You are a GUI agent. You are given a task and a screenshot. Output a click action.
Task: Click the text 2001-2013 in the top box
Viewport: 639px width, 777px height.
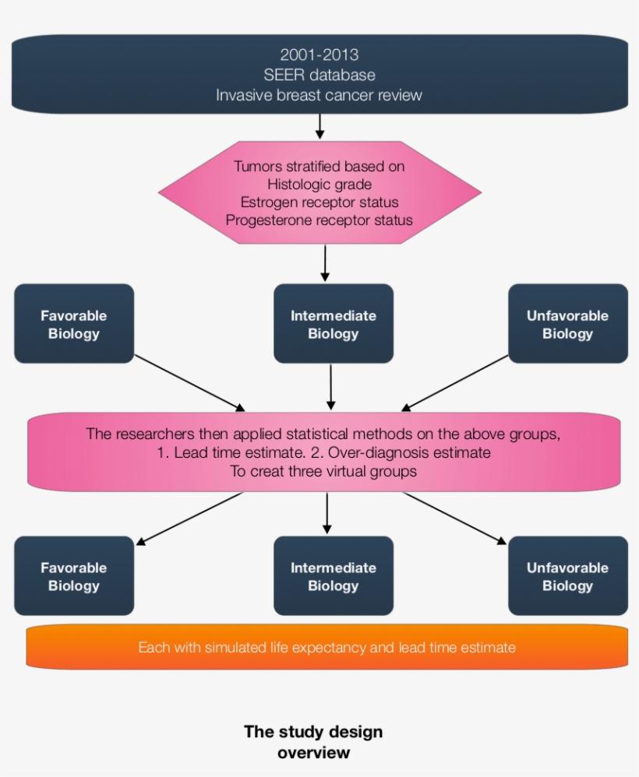click(x=319, y=55)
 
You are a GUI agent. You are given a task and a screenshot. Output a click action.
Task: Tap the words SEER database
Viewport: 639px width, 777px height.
click(x=319, y=76)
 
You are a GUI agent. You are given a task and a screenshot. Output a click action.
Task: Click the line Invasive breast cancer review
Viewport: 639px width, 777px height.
click(x=319, y=95)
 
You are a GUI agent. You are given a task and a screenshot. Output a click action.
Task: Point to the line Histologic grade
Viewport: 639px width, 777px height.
click(x=319, y=185)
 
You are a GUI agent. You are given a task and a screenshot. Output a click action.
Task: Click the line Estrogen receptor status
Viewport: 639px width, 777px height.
click(x=319, y=202)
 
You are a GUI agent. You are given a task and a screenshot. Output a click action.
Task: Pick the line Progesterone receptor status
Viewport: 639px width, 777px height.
click(x=319, y=220)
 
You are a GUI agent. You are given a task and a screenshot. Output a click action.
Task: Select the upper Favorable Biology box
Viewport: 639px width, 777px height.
click(x=74, y=324)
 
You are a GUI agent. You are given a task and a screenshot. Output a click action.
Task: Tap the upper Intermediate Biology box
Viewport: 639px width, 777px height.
click(x=334, y=324)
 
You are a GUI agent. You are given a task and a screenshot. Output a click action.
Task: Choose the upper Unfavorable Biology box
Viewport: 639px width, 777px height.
click(x=568, y=324)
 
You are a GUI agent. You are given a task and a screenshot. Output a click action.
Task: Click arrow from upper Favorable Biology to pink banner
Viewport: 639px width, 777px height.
click(x=189, y=383)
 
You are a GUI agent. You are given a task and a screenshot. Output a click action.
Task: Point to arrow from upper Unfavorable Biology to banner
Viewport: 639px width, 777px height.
click(x=456, y=383)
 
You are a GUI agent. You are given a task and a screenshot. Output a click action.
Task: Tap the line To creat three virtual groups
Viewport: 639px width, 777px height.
click(x=323, y=471)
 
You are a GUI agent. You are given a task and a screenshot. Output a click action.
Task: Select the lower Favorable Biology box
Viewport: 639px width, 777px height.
click(x=74, y=576)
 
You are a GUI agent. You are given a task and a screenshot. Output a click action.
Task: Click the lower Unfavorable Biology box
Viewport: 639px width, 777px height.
click(x=568, y=576)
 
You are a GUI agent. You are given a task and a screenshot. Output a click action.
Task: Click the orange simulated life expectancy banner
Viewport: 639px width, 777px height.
click(x=327, y=647)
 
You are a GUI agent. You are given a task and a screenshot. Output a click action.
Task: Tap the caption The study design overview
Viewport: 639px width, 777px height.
click(x=313, y=742)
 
